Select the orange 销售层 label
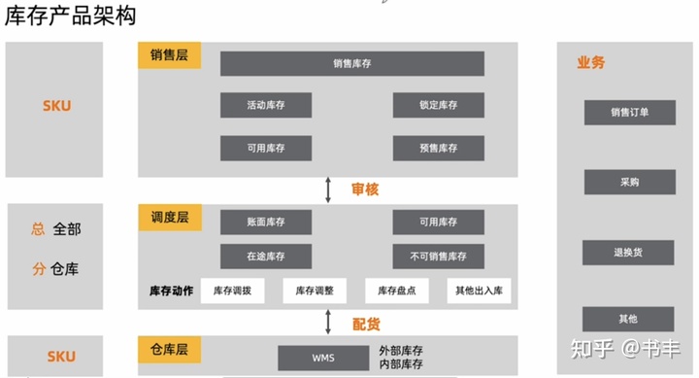click(x=169, y=55)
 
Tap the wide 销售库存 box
click(x=351, y=64)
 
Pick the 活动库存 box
click(x=266, y=105)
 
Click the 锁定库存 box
click(x=438, y=105)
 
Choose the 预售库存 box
click(x=438, y=148)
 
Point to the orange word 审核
click(x=365, y=189)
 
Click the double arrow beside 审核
click(x=328, y=189)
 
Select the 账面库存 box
click(x=266, y=223)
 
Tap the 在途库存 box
click(x=266, y=257)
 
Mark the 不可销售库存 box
click(x=438, y=257)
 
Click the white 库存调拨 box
click(x=233, y=291)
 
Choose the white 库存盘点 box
click(x=396, y=291)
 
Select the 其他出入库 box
click(x=479, y=291)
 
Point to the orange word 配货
click(x=365, y=323)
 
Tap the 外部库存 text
click(x=401, y=350)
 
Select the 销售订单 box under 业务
click(x=629, y=112)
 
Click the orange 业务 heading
click(x=590, y=62)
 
